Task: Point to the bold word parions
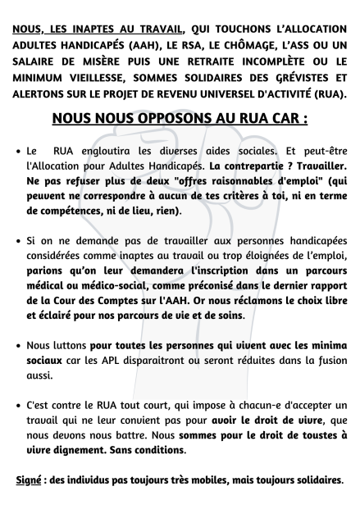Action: pos(46,270)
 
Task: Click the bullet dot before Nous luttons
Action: pos(18,346)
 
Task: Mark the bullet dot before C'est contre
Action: pos(18,406)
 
